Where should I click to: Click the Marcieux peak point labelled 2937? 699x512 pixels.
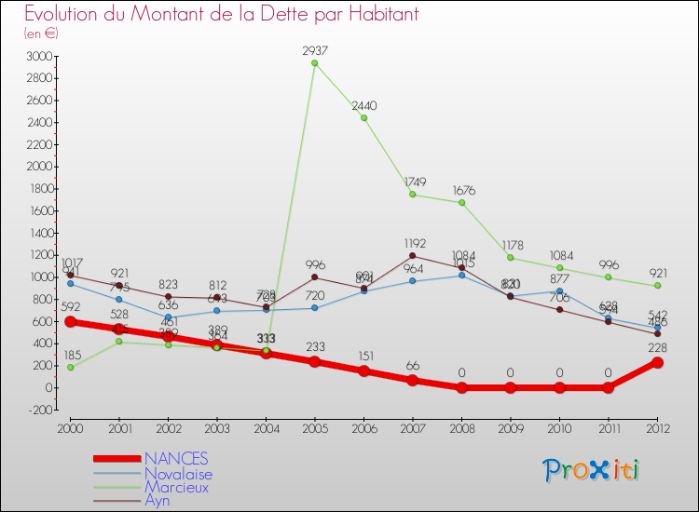(315, 63)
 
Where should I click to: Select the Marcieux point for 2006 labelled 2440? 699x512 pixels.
(363, 117)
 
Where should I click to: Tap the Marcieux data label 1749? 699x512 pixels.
(413, 182)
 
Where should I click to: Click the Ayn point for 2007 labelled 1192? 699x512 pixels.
(413, 256)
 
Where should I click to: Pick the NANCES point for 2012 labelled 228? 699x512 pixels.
(658, 362)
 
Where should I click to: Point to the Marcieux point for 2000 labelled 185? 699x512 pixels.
(70, 367)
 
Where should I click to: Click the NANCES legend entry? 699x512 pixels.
(177, 459)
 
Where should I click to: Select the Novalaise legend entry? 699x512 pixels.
(178, 473)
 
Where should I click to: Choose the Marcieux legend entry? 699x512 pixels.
(177, 487)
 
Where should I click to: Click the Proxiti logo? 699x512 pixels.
(592, 469)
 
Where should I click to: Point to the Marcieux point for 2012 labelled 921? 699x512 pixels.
(658, 286)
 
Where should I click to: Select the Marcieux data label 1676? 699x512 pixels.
(461, 190)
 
